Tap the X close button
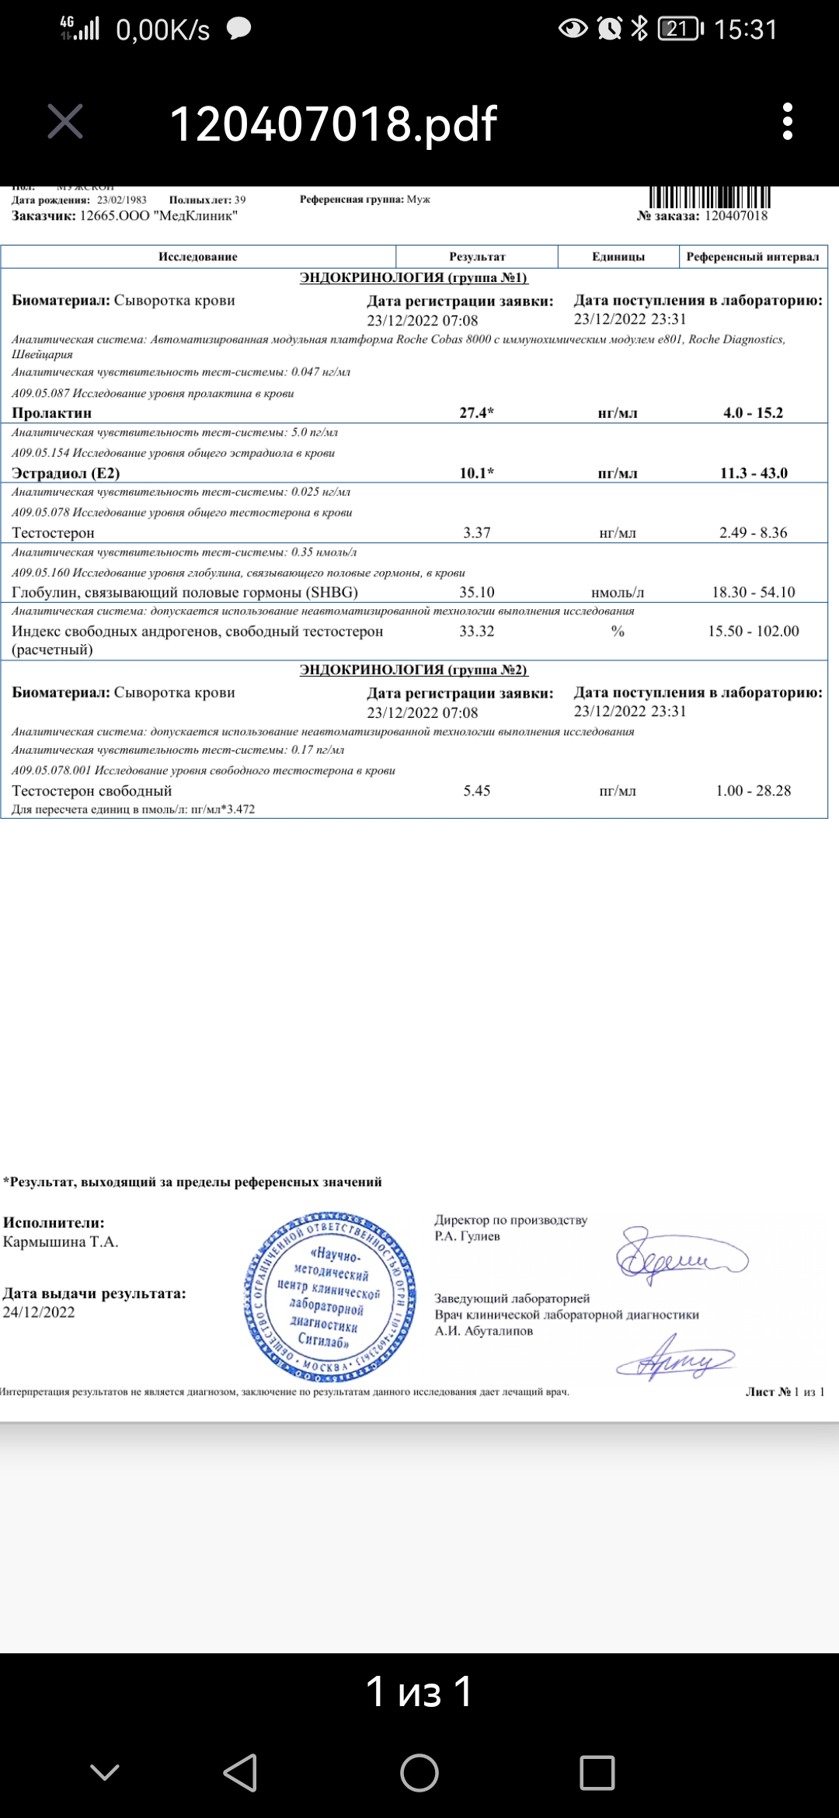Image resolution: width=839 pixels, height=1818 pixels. (65, 122)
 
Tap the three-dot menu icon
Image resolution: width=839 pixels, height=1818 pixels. (788, 122)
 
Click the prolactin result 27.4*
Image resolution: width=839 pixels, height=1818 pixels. (476, 413)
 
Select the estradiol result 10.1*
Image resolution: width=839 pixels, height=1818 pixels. (476, 473)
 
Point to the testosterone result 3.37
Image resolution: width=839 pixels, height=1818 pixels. (476, 533)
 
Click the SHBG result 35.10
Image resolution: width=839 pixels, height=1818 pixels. (476, 592)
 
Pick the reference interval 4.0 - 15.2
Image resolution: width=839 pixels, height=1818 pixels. (753, 413)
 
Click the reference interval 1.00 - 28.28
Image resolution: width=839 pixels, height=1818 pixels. (753, 791)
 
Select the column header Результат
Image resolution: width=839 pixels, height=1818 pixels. (477, 257)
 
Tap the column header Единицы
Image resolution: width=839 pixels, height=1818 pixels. (618, 257)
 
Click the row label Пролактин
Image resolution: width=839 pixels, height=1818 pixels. (52, 413)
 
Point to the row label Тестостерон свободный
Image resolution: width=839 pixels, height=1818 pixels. (92, 791)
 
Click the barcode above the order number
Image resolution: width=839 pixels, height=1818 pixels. (708, 197)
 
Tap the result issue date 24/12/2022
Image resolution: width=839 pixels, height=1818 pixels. (39, 1312)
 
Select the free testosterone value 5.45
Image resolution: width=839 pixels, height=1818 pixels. (476, 791)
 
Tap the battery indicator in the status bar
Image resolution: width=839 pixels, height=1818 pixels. (680, 30)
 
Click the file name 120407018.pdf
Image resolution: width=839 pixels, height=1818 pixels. (333, 124)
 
